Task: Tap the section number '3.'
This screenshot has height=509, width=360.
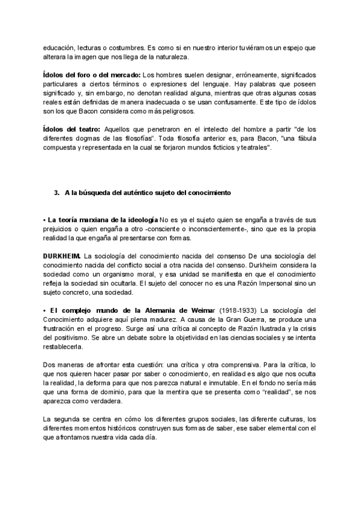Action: pos(58,192)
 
